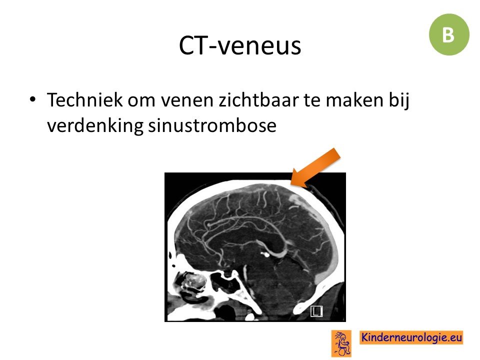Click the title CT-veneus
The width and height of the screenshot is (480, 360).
click(240, 45)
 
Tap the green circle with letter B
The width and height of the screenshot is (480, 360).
click(449, 34)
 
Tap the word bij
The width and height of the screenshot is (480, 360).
click(399, 100)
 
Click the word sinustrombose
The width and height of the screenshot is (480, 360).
click(212, 125)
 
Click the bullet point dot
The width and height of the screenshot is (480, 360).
click(32, 99)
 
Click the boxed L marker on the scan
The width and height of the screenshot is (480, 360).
click(316, 311)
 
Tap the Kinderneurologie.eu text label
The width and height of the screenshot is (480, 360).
click(411, 337)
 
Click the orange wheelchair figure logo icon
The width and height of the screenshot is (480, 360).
click(341, 343)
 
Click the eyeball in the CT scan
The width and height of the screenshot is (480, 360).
click(192, 281)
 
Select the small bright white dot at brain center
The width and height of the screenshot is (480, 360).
click(265, 254)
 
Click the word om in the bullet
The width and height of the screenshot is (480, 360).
click(141, 100)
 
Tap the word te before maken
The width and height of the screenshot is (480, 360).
click(312, 100)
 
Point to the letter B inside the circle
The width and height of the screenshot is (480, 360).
click(448, 35)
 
